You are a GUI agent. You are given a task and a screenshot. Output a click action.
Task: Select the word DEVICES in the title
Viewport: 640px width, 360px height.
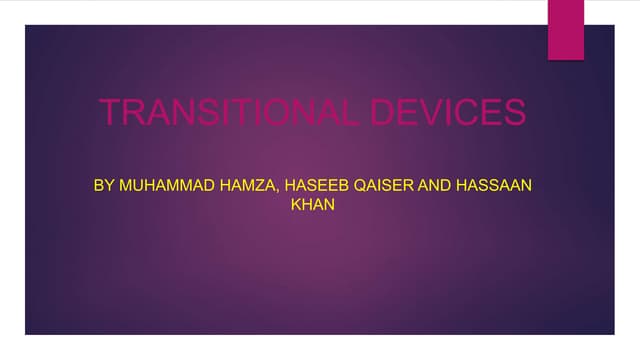pos(447,112)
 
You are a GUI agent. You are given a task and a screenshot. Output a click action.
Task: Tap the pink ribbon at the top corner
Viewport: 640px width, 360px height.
pos(565,28)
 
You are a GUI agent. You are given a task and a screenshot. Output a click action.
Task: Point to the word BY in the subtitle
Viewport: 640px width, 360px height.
pos(103,186)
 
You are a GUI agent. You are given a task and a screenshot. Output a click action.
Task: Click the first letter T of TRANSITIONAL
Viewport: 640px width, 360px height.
pos(110,112)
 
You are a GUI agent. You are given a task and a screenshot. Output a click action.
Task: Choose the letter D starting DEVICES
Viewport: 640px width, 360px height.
pos(381,112)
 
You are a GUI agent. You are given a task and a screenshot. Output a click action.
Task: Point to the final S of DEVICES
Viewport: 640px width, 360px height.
pos(513,112)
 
